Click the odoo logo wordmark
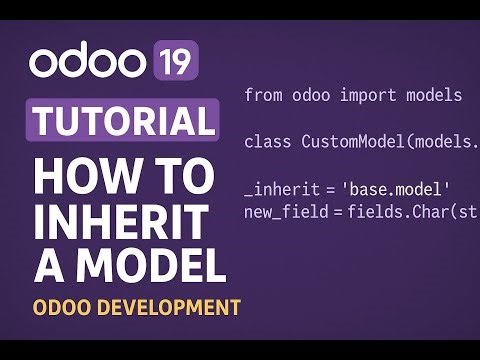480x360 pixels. [x=88, y=62]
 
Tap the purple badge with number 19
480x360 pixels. [x=176, y=62]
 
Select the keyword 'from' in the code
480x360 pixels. [x=262, y=96]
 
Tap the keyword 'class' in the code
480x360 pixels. [x=267, y=141]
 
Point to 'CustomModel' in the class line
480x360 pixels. [x=349, y=141]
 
